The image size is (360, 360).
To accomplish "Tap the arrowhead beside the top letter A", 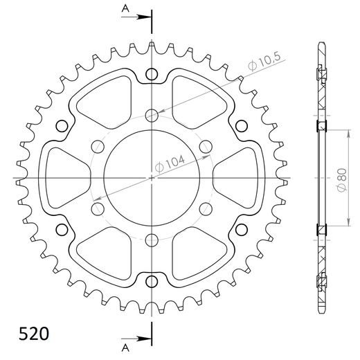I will (x=143, y=15).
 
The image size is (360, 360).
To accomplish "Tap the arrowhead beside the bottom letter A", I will (x=143, y=339).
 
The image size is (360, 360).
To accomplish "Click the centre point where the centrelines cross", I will (x=152, y=178).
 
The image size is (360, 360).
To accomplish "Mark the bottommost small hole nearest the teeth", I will (x=152, y=280).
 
